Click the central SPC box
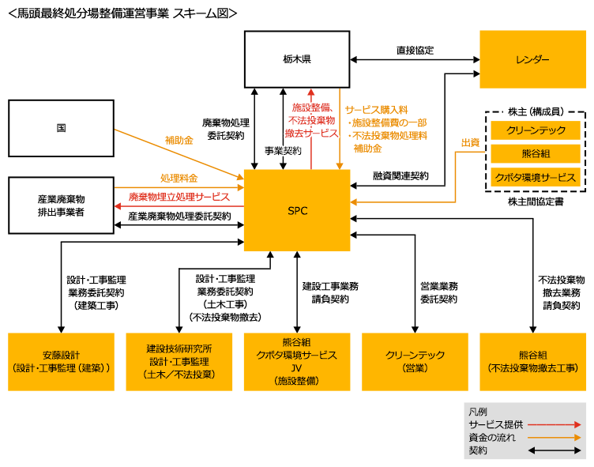tap(297, 210)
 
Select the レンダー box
tap(532, 59)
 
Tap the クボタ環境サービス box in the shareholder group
tap(536, 176)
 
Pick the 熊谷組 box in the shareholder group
tap(536, 153)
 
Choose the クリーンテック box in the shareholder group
tap(536, 130)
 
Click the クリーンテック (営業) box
tap(414, 361)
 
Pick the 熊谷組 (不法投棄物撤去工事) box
tap(532, 361)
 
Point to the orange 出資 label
tap(470, 142)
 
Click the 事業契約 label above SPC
tap(282, 150)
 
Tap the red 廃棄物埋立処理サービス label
tap(179, 197)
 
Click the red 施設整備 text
tap(311, 107)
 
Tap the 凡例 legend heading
tap(477, 412)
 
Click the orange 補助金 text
tap(368, 148)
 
